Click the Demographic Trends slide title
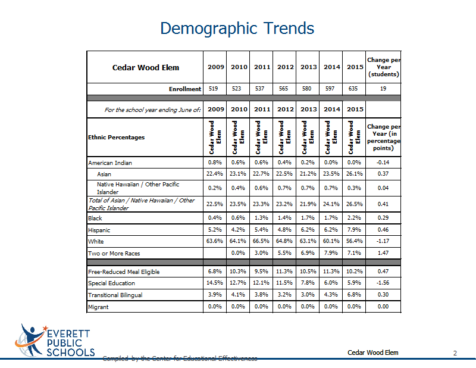coord(237,29)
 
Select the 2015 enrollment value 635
coord(353,89)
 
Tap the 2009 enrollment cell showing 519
coord(214,89)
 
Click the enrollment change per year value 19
coord(383,89)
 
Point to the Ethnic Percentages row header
coord(116,138)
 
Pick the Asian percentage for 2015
coord(354,174)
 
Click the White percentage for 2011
coord(261,241)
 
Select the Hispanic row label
coord(99,230)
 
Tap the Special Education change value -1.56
coord(383,283)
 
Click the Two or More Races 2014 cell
coord(331,253)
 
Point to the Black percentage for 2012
coord(284,217)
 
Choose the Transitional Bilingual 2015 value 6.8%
coord(354,295)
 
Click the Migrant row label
coord(98,307)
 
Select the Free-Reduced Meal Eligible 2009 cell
coord(215,271)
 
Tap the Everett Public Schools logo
coord(55,341)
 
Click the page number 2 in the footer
coord(455,353)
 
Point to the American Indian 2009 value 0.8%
coord(215,163)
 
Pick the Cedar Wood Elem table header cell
coord(146,67)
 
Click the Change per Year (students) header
coord(384,67)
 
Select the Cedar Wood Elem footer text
coord(373,353)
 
